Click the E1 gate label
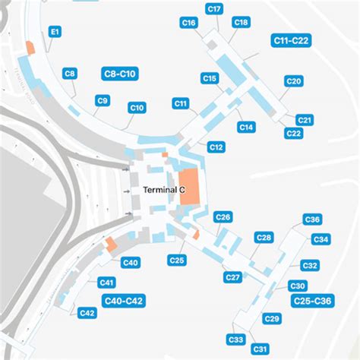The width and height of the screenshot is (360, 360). [x=55, y=33]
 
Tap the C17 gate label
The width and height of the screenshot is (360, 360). [x=214, y=9]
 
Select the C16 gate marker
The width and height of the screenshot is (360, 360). [x=189, y=24]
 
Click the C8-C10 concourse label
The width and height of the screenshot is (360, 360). [x=118, y=74]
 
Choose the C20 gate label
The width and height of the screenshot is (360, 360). [x=294, y=81]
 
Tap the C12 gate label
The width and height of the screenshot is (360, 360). [x=216, y=147]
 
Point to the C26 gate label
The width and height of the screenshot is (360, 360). [x=223, y=218]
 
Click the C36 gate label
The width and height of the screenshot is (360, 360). [x=311, y=219]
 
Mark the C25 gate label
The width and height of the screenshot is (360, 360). [x=177, y=261]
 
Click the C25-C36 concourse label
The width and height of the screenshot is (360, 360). [x=312, y=301]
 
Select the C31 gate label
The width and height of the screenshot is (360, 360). [x=261, y=349]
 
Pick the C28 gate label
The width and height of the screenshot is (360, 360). [x=264, y=238]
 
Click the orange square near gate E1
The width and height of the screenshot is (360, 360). [x=30, y=46]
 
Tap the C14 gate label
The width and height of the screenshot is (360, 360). [x=246, y=128]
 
